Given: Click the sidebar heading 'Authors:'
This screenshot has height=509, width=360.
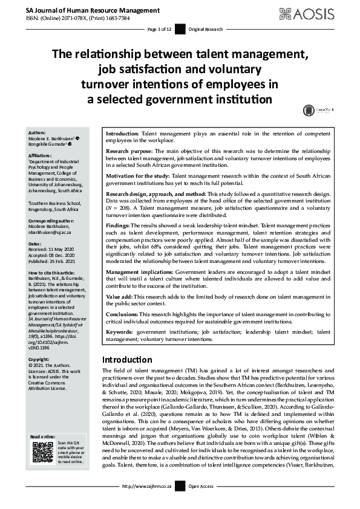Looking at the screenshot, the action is (x=38, y=131).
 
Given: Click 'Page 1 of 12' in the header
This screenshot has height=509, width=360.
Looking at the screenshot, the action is (x=160, y=29).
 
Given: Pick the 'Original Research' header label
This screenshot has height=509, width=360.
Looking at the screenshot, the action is (x=206, y=29).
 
